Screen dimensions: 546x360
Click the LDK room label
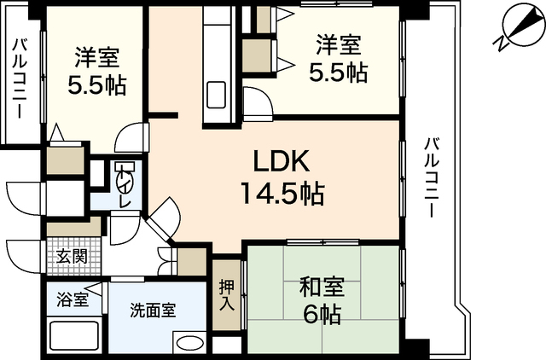(282, 161)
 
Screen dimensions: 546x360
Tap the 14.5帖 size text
(282, 194)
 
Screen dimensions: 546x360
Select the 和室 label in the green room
(322, 287)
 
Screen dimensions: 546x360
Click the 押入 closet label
(227, 295)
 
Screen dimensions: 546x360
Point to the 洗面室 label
(153, 310)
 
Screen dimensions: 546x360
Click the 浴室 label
(72, 300)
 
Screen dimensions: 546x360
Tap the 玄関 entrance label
(72, 257)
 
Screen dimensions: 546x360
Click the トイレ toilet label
(124, 187)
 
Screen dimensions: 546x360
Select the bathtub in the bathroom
(74, 335)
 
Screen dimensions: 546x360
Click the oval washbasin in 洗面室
(189, 343)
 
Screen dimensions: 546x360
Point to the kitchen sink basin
(216, 95)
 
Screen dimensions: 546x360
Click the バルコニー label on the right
(431, 177)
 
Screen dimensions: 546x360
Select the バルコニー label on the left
(20, 78)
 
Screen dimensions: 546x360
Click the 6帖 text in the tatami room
(322, 314)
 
